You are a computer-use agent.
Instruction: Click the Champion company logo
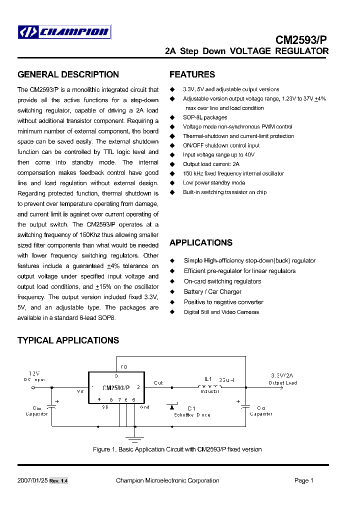63,32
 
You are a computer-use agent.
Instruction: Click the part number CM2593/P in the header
302,40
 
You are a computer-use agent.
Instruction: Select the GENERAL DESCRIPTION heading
68,74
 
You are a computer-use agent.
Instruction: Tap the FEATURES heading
192,74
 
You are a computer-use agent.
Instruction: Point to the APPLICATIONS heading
200,242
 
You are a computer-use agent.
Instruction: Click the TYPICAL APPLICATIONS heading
68,340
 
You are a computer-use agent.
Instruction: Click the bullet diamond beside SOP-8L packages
172,117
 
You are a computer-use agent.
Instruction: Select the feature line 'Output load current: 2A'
211,164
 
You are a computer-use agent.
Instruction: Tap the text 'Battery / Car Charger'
212,291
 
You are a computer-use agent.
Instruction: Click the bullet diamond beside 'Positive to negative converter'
172,302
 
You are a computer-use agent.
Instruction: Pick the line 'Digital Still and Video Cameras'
221,312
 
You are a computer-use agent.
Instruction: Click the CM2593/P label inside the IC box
115,387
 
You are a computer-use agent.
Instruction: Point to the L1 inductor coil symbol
209,386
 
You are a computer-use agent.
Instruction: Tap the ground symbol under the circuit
133,439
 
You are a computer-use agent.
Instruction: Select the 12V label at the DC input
34,373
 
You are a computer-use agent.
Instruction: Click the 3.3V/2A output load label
283,375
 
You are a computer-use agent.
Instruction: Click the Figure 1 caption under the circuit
177,449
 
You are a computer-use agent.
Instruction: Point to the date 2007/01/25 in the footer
31,480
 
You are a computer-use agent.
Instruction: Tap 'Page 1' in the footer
303,480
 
